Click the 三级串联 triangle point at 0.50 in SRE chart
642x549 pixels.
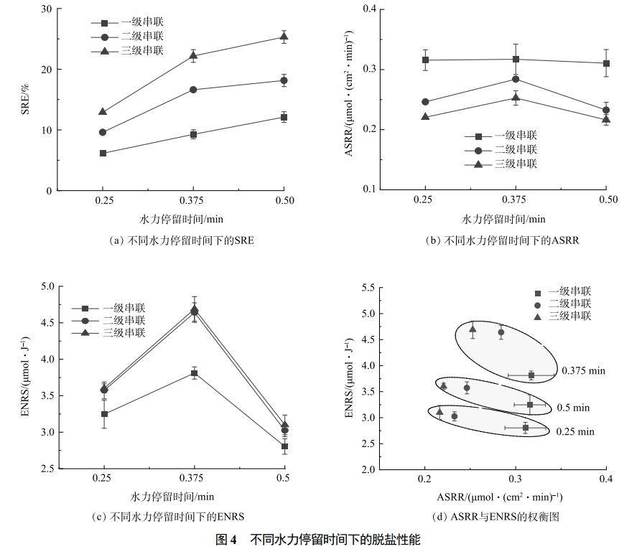pos(284,37)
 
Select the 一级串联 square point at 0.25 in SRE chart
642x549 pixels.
pos(103,154)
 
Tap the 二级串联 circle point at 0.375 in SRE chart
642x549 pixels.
pos(193,90)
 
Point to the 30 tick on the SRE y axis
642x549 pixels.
pos(47,9)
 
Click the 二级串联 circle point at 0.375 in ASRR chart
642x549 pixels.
pos(516,79)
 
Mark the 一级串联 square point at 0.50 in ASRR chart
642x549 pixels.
pos(606,63)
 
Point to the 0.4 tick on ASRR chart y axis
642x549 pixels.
pos(370,9)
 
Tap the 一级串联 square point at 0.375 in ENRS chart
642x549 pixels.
pos(194,373)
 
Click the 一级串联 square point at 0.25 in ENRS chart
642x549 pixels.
pos(104,414)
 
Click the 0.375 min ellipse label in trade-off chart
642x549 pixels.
pos(583,371)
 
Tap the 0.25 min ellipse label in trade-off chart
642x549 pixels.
pos(575,432)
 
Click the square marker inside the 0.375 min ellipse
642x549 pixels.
pos(531,375)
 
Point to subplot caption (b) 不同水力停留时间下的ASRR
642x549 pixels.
pos(503,241)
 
